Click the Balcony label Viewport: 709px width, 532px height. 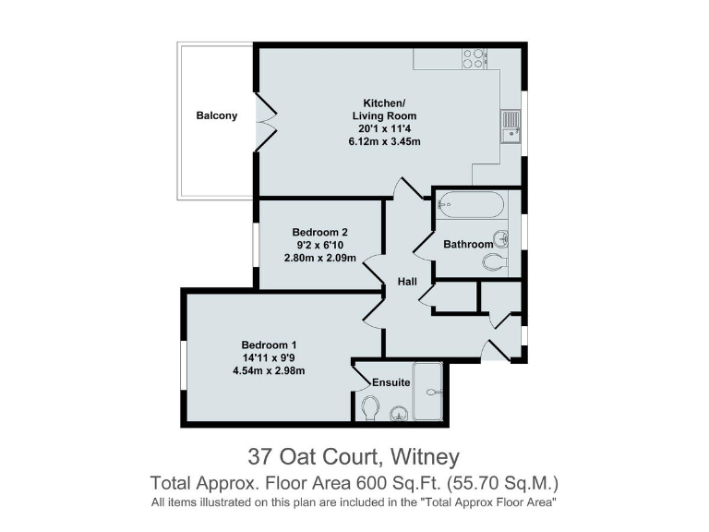(x=216, y=116)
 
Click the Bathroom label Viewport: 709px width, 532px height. (x=468, y=245)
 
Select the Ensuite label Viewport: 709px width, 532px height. (x=391, y=382)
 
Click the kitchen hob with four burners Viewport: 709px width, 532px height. (x=475, y=57)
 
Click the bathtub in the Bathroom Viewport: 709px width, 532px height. (x=471, y=204)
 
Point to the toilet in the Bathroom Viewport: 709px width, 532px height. (x=495, y=262)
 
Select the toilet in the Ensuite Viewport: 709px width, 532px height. (x=370, y=407)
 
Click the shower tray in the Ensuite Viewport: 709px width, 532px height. (x=428, y=392)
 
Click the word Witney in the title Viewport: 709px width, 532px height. (x=425, y=456)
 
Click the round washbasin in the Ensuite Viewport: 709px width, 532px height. (x=399, y=413)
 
